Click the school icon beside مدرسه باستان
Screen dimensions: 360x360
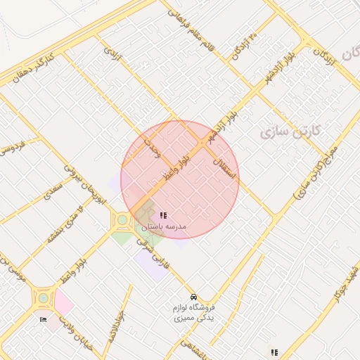click(163, 216)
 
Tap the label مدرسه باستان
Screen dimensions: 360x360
click(163, 227)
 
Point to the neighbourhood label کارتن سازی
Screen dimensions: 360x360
click(290, 131)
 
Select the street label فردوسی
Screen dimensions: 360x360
click(13, 147)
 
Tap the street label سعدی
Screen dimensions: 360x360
click(53, 191)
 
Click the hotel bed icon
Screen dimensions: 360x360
click(44, 320)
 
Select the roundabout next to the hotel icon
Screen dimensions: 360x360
click(44, 297)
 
